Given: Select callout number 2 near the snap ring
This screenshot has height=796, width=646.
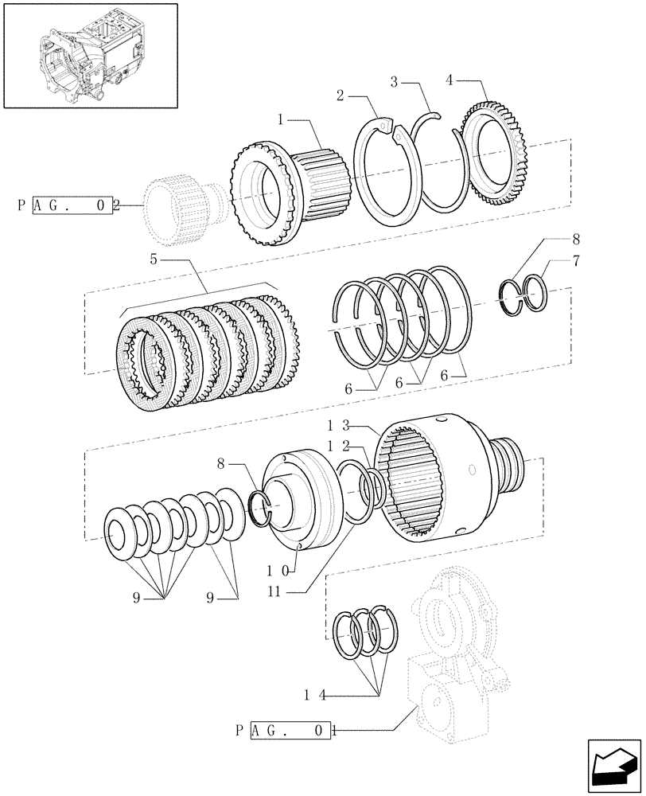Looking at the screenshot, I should (340, 95).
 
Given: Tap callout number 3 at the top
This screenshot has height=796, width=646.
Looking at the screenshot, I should (395, 81).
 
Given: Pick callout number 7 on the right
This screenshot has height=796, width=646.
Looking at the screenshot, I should (575, 260).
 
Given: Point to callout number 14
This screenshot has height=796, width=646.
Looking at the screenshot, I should (313, 694).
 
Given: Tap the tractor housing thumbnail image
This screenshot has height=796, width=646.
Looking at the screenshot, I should (88, 55).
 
